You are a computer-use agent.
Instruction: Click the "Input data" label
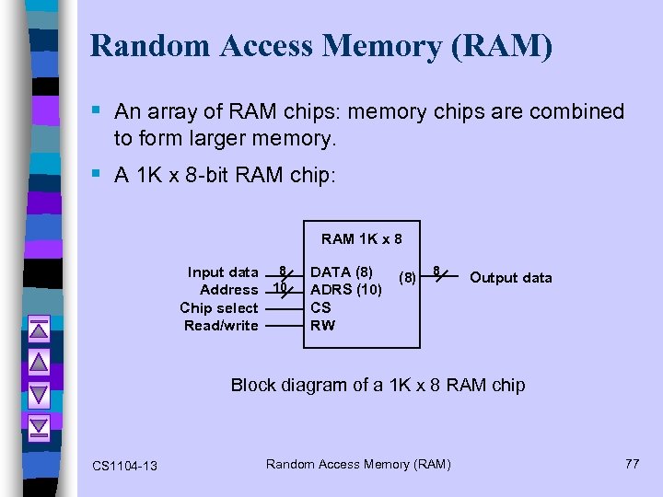(223, 272)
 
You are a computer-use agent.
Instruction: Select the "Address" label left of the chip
(228, 290)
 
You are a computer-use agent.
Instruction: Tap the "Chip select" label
(219, 307)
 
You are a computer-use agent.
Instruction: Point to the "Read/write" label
(221, 325)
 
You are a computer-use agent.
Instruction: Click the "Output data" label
(511, 278)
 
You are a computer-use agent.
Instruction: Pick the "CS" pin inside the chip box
(320, 307)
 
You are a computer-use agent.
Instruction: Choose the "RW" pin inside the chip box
(323, 325)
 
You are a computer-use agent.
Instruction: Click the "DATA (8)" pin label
(342, 272)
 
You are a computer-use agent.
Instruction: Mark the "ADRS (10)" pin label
(346, 290)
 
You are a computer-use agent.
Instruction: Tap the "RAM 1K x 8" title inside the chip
(361, 239)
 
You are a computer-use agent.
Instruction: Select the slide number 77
(632, 463)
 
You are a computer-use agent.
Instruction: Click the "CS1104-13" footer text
(124, 466)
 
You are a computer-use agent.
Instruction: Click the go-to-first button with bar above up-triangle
(39, 329)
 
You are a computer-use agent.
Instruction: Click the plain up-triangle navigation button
(39, 361)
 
